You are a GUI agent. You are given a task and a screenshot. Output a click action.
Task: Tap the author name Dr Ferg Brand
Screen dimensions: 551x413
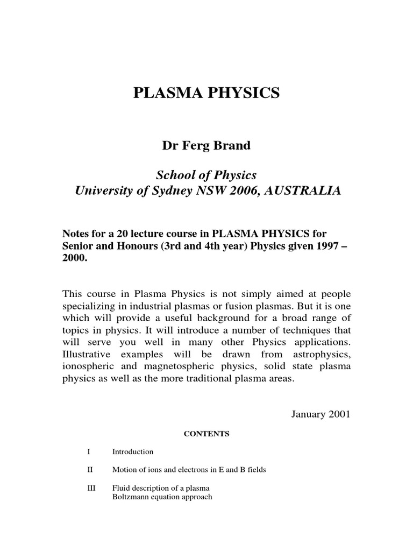coord(206,146)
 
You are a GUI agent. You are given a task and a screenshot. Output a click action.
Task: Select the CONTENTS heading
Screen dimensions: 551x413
coord(207,434)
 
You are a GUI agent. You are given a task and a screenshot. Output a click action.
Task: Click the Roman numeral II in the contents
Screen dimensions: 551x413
coord(90,470)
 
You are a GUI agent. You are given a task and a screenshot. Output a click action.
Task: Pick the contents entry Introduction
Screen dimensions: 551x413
coord(133,452)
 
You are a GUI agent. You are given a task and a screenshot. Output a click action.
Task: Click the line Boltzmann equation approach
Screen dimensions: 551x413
coord(162,497)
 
